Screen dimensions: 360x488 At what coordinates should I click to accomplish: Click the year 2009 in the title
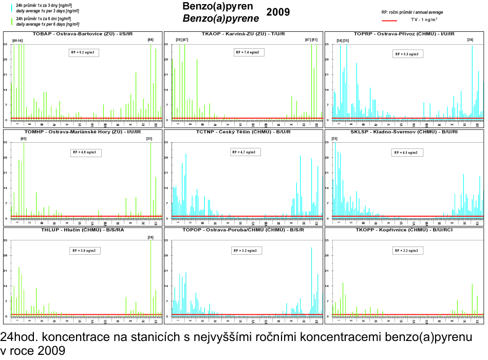[278, 12]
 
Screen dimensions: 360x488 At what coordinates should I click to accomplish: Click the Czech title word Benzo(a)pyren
[217, 7]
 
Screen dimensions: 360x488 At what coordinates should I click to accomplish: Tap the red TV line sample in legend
[390, 21]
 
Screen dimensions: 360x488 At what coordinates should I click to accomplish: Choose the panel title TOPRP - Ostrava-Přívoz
[404, 34]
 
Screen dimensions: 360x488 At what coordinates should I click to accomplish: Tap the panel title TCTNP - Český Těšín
[243, 132]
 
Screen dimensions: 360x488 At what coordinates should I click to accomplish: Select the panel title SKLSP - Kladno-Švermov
[404, 132]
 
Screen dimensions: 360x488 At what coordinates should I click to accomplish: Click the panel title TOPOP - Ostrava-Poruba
[243, 230]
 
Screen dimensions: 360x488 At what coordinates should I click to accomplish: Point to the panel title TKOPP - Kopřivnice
[404, 230]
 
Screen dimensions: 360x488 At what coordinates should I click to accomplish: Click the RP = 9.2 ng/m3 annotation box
[85, 52]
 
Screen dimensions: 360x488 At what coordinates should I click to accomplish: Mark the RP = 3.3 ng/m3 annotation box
[245, 251]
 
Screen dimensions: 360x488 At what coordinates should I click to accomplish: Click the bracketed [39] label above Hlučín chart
[151, 237]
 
